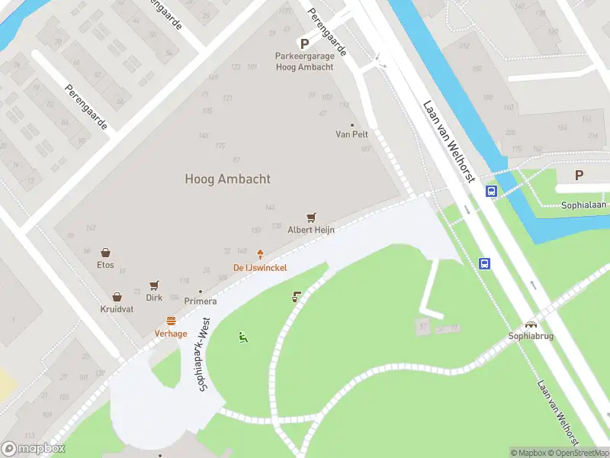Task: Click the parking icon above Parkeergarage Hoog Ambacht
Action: coord(304,44)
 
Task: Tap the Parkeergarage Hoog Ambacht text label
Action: coord(304,62)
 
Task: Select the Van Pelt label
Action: coord(352,134)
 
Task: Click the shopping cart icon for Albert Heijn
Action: coord(311,218)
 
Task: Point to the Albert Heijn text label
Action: coord(311,230)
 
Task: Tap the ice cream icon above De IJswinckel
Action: coord(260,255)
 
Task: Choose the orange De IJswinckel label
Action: coord(260,267)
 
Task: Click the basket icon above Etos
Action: coord(105,253)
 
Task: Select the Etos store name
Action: coord(105,265)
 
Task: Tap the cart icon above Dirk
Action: coord(154,285)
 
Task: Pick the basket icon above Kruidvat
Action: coord(117,297)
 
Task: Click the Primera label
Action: coord(200,301)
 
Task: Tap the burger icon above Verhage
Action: coord(171,321)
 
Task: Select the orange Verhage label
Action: coord(171,334)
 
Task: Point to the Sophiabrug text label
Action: coord(531,336)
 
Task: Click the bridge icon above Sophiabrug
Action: coord(531,324)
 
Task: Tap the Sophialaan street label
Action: coord(583,205)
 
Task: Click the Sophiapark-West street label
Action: coord(204,356)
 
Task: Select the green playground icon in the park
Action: coord(243,337)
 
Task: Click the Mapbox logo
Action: coord(34,449)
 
